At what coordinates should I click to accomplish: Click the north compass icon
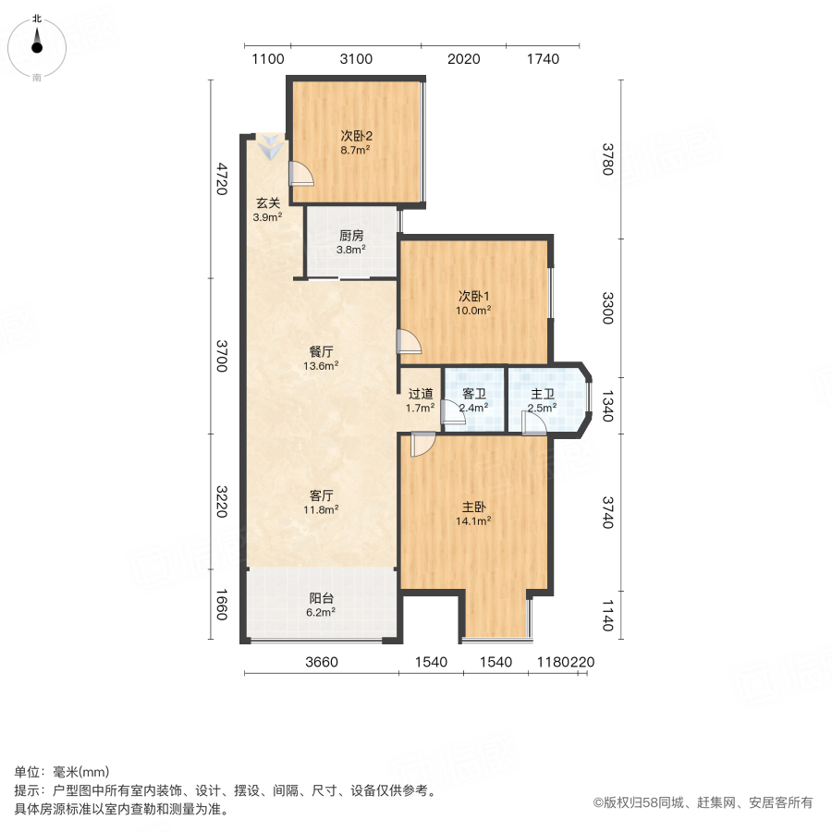37,43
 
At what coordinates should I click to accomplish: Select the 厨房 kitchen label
351,236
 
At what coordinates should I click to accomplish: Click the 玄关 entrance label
268,204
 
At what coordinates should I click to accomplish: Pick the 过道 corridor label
421,394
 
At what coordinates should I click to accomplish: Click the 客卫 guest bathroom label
474,394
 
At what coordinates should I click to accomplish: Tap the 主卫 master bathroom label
541,394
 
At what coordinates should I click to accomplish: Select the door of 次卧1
409,342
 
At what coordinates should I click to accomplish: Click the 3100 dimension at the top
356,59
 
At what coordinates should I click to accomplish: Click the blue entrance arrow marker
272,146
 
